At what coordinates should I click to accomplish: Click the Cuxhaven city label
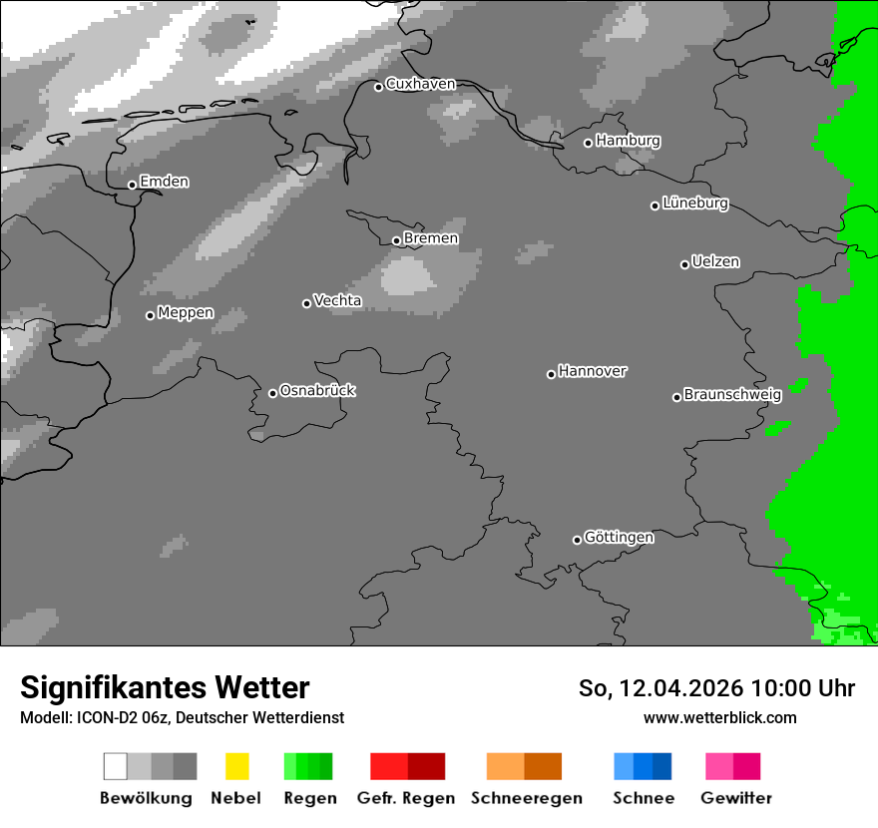coord(420,84)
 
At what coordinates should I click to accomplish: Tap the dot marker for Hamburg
coord(588,143)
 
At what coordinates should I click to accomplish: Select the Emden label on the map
coord(164,182)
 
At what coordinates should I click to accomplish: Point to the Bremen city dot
coord(396,240)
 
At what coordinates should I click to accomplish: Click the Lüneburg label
coord(695,204)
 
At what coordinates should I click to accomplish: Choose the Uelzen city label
coord(715,261)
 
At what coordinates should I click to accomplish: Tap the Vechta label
coord(337,300)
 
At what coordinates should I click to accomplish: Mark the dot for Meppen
coord(150,315)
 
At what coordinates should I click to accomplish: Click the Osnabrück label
coord(317,390)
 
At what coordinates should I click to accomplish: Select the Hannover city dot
coord(551,374)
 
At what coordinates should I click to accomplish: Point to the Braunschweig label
coord(732,394)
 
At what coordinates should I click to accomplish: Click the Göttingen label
coord(619,537)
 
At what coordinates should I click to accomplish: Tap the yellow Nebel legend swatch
coord(236,766)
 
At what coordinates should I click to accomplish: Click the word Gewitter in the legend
coord(736,798)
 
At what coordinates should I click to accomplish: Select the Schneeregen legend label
coord(527,798)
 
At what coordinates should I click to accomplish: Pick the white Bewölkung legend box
coord(115,766)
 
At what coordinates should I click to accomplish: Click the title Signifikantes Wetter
coord(165,687)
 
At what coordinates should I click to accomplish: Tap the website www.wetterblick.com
coord(720,717)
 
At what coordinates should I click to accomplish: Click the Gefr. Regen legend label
coord(406,798)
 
